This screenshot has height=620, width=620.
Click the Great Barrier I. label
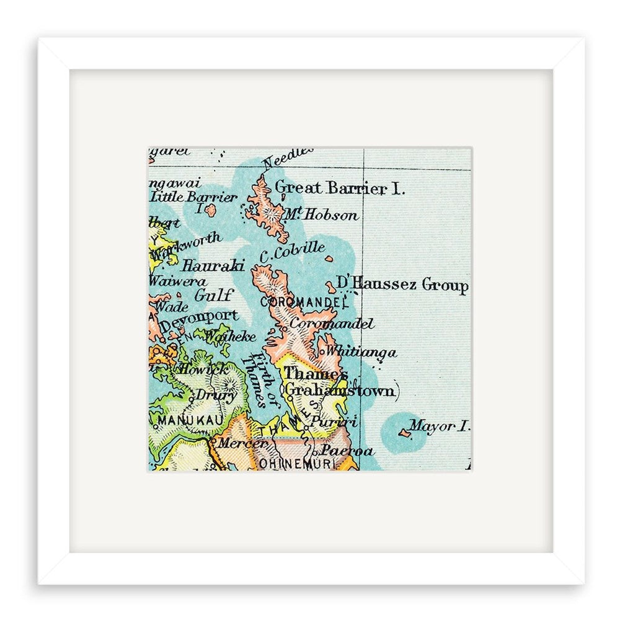(339, 187)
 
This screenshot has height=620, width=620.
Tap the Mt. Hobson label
(321, 215)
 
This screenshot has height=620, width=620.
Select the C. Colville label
(292, 252)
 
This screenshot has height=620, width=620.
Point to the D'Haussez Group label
(402, 285)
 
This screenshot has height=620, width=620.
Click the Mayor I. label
(441, 426)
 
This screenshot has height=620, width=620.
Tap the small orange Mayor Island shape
(405, 433)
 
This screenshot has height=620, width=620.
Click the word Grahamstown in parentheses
(339, 391)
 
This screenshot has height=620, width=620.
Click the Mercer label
(232, 443)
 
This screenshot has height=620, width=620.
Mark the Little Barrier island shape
(211, 210)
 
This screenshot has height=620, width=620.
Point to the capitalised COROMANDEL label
(302, 302)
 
